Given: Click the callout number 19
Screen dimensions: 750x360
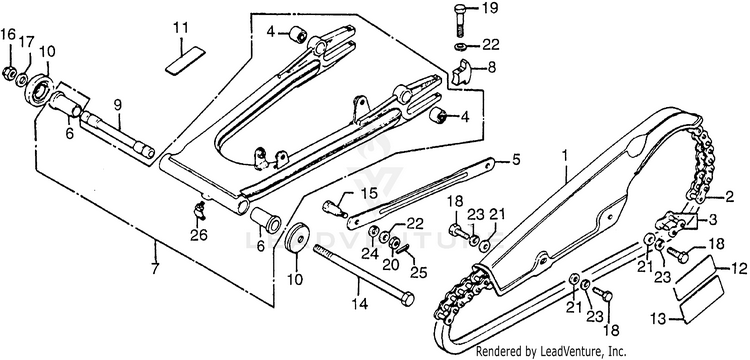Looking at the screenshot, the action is click(489, 8).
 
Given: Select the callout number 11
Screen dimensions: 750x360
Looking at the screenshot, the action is click(181, 28).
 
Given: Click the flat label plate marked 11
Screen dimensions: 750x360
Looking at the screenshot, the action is click(185, 60).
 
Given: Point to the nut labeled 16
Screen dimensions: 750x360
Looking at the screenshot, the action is click(8, 73).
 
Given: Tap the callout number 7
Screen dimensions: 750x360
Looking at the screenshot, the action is click(154, 269).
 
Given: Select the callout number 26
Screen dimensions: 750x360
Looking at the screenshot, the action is click(200, 235).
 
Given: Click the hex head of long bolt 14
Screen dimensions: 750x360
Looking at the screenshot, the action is click(406, 299).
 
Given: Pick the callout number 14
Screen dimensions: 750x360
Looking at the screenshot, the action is click(359, 303).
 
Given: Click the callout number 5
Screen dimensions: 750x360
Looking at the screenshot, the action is click(516, 159).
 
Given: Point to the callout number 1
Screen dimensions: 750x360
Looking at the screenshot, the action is click(565, 156).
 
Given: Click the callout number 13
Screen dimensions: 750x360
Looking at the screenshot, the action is click(660, 317).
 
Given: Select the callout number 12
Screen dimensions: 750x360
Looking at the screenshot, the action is click(739, 269).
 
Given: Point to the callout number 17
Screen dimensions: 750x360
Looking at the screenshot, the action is click(25, 42).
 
